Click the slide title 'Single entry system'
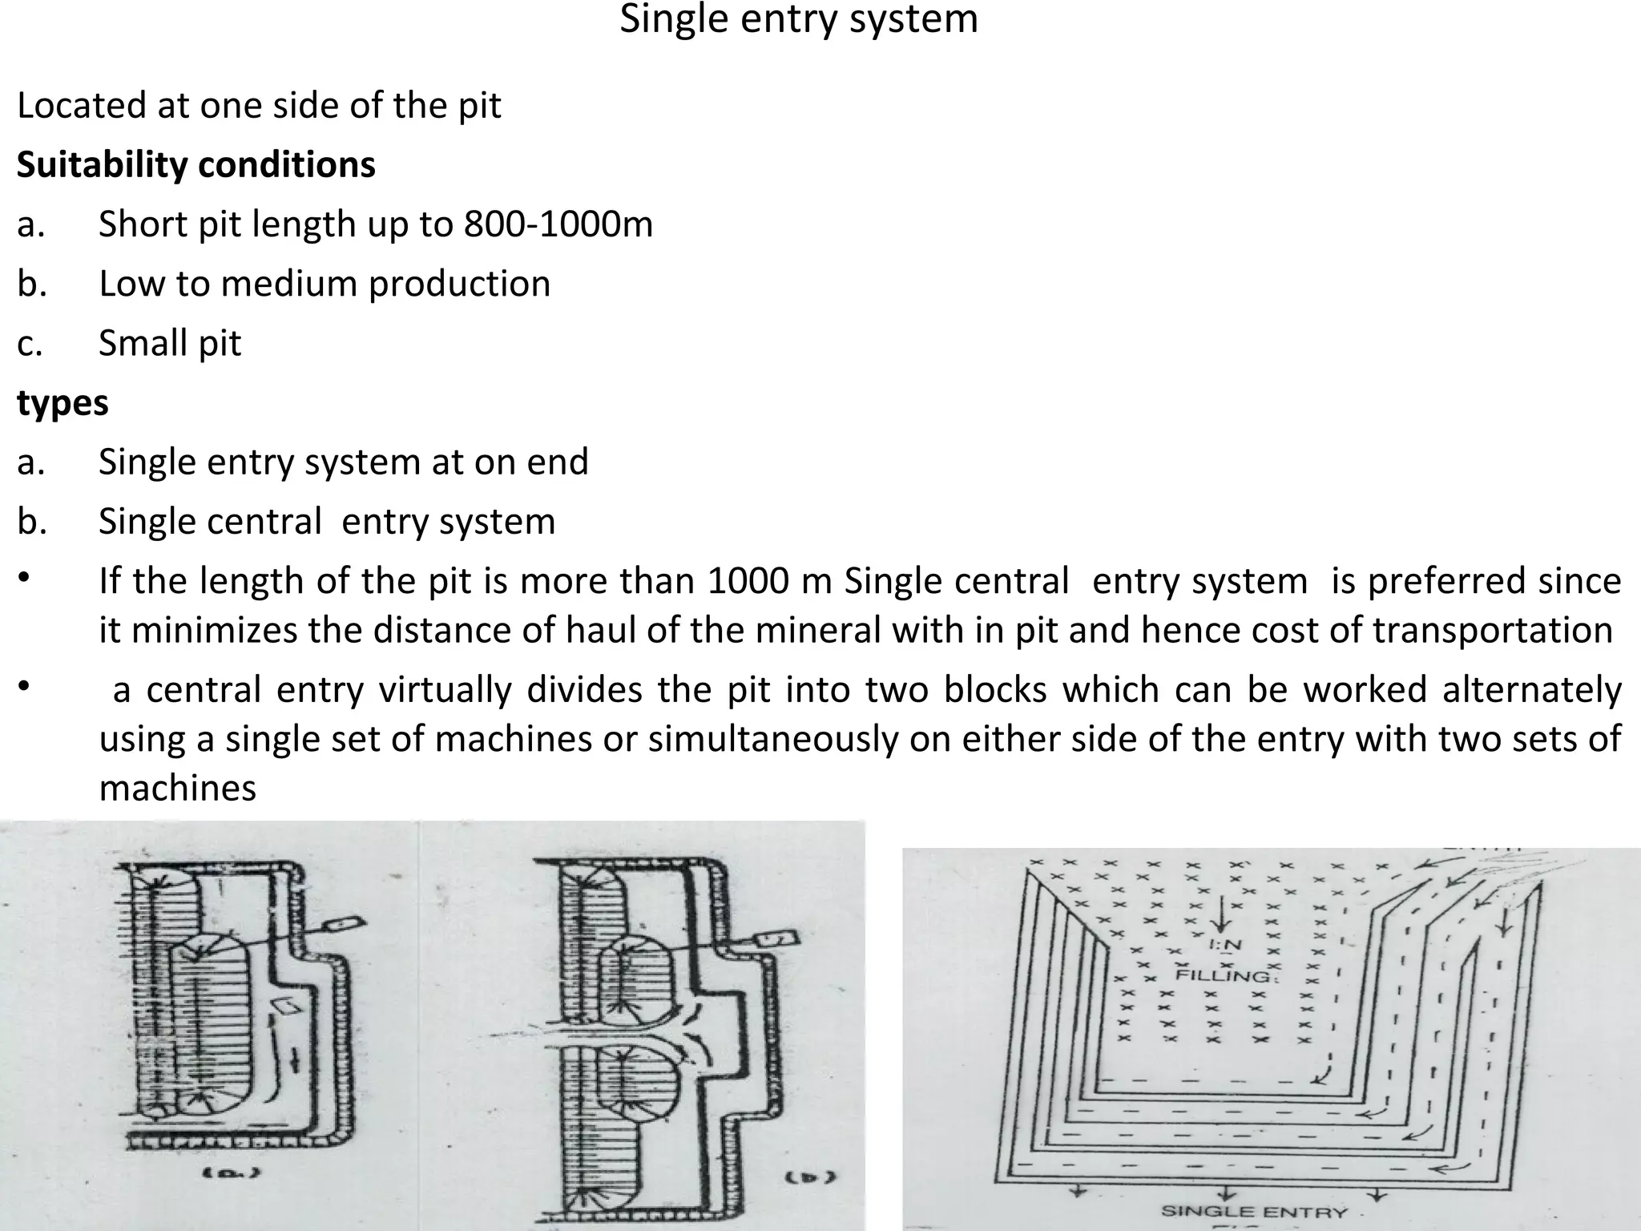coord(799,19)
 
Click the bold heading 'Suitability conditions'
coord(196,165)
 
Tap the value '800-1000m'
coord(558,224)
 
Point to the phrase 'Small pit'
coord(169,344)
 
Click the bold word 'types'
coord(62,403)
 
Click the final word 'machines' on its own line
coord(177,789)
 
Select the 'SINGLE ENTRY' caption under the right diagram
coord(1254,1211)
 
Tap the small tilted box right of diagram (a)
coord(343,925)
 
